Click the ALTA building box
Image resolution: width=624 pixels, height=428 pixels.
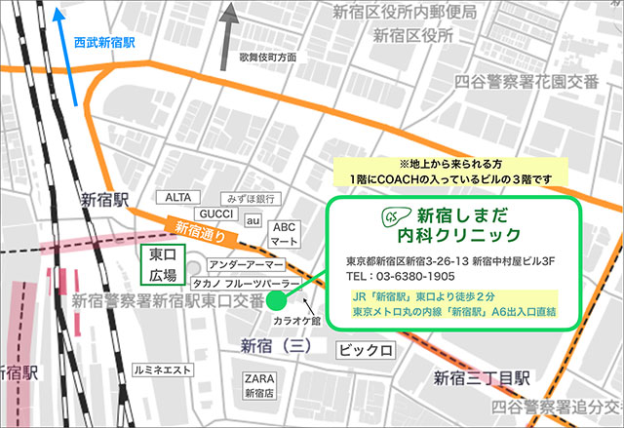point(180,197)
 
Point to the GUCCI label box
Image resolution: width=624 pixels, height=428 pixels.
point(215,214)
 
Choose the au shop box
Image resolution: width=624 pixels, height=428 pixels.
point(253,222)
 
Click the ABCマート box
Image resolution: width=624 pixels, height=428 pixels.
point(284,234)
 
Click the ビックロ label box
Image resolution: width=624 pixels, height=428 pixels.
point(366,349)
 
